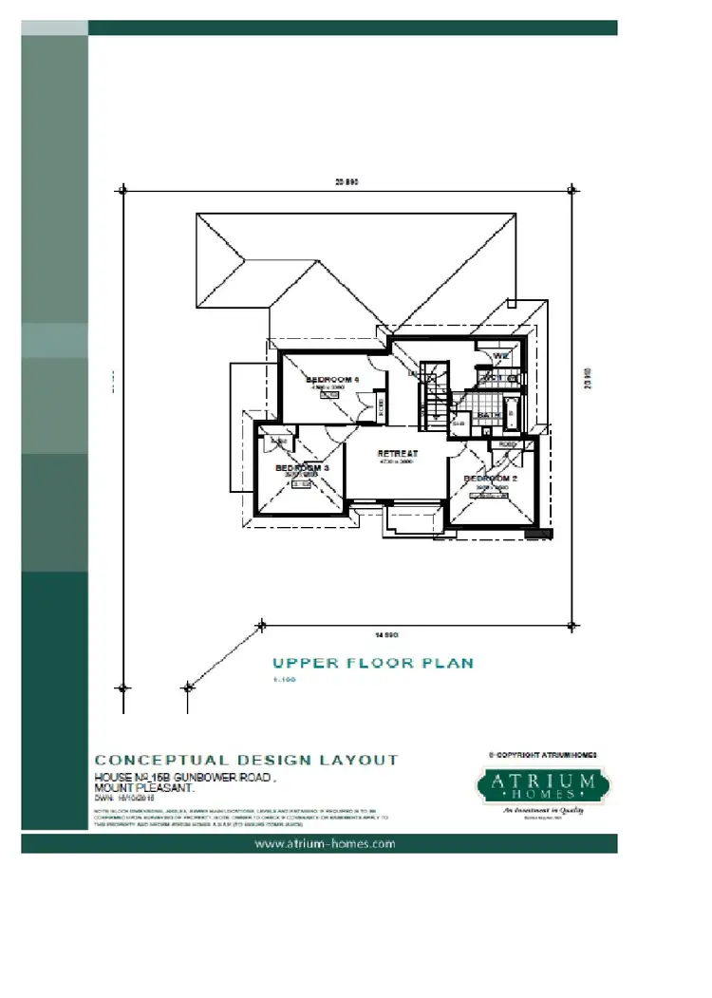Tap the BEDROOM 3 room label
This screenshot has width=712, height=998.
click(302, 468)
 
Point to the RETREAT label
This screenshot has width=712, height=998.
click(393, 454)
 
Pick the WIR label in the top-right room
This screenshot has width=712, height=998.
click(500, 357)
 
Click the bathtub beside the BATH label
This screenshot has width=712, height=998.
click(513, 413)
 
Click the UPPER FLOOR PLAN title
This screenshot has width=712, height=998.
click(372, 663)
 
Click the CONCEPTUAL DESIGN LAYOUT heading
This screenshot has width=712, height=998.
click(247, 760)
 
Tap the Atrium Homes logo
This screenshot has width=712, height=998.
click(542, 785)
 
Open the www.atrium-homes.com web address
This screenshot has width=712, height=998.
click(324, 843)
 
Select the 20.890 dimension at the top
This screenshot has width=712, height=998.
click(347, 180)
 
